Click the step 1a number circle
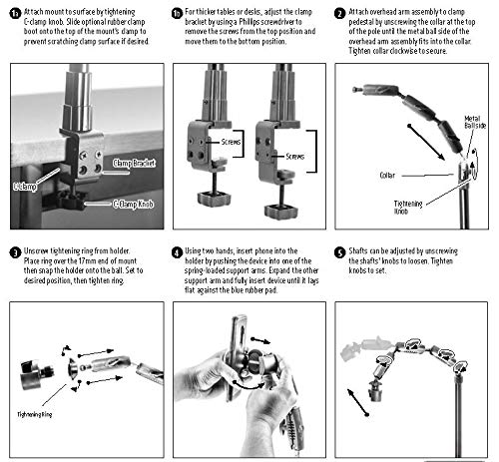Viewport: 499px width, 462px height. coord(8,12)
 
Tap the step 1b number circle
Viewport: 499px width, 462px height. coord(176,12)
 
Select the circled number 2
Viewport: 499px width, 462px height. coord(340,12)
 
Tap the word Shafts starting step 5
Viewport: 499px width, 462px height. coord(364,251)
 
